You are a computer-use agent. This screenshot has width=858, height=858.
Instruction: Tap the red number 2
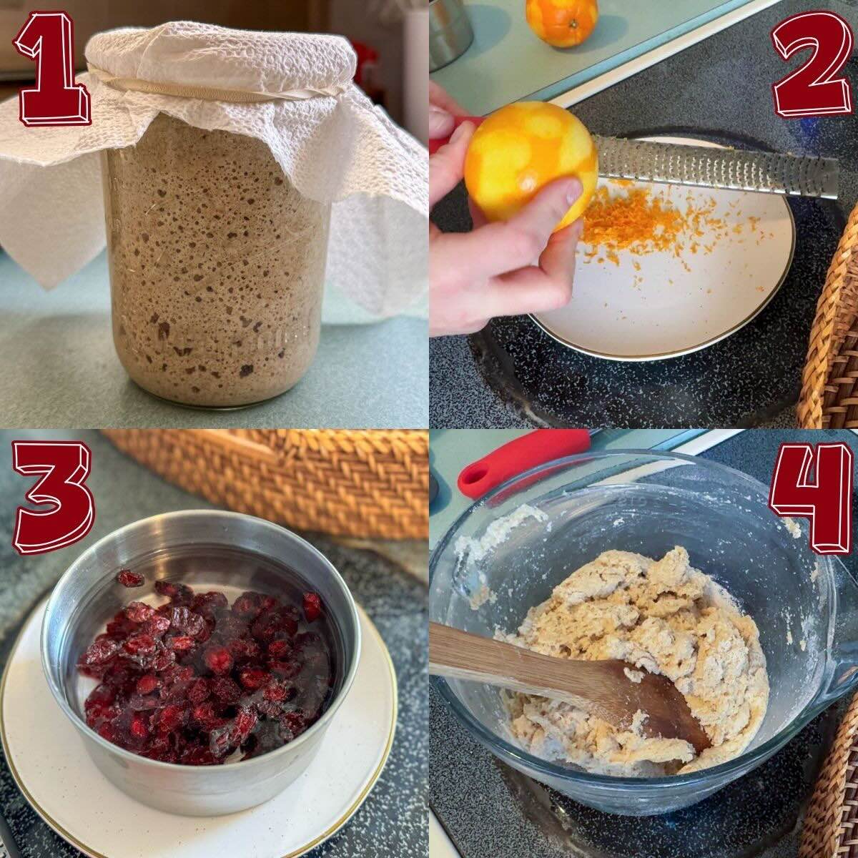point(812,66)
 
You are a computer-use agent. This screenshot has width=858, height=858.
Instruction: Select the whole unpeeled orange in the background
point(561,21)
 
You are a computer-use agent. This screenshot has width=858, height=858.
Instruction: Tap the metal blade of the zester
point(715,168)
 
